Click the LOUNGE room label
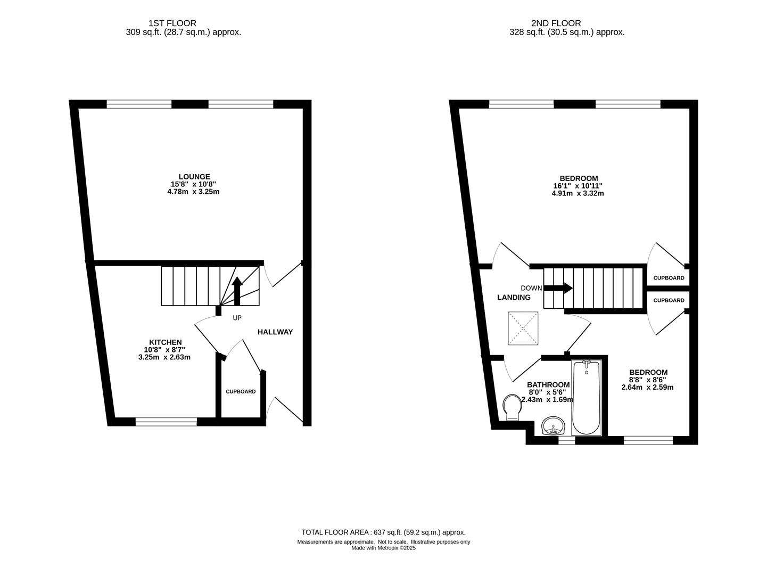pyautogui.click(x=194, y=177)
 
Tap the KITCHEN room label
pyautogui.click(x=166, y=342)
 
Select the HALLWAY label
pyautogui.click(x=275, y=332)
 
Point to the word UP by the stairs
pyautogui.click(x=237, y=318)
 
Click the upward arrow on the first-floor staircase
pyautogui.click(x=237, y=291)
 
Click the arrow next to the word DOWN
pyautogui.click(x=558, y=288)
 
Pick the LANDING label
pyautogui.click(x=514, y=298)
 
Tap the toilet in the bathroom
pyautogui.click(x=512, y=408)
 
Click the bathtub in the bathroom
pyautogui.click(x=587, y=398)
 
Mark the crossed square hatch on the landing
pyautogui.click(x=523, y=328)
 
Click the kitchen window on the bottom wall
pyautogui.click(x=166, y=422)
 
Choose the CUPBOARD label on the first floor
pyautogui.click(x=241, y=391)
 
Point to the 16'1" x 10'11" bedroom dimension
pyautogui.click(x=579, y=186)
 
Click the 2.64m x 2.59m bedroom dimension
pyautogui.click(x=647, y=387)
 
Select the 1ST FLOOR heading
pyautogui.click(x=172, y=23)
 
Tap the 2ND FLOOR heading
pyautogui.click(x=556, y=23)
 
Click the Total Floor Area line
pyautogui.click(x=383, y=532)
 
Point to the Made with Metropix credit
pyautogui.click(x=383, y=548)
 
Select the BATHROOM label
pyautogui.click(x=548, y=384)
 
